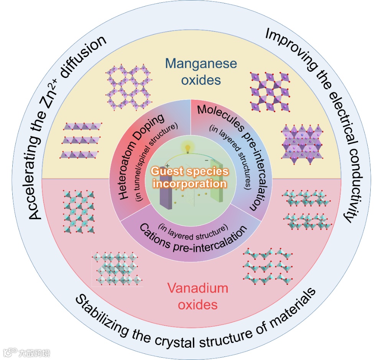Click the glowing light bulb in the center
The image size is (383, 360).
pos(187,148)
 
